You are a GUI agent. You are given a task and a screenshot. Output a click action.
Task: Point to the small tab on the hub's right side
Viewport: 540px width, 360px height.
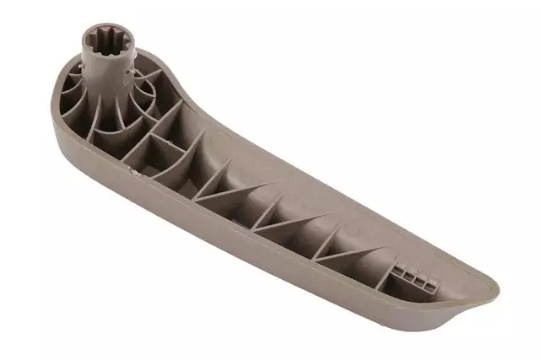[x=128, y=74]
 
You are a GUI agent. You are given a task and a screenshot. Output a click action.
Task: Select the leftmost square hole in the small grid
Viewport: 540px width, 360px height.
[x=397, y=273]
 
